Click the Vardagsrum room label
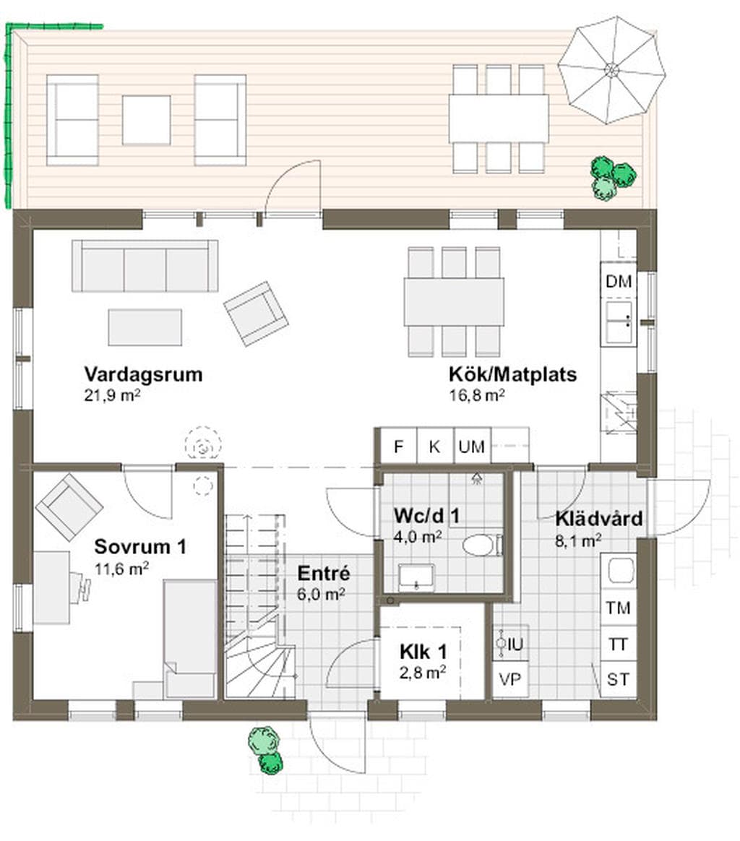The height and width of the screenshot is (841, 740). click(x=143, y=374)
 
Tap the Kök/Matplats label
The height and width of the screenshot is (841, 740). click(x=512, y=374)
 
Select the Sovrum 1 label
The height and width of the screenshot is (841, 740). click(x=140, y=546)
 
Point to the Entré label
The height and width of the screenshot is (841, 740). click(x=324, y=573)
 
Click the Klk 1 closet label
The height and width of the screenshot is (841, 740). click(x=423, y=652)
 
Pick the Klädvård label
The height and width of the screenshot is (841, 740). click(x=599, y=519)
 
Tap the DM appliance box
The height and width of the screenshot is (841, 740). click(x=618, y=280)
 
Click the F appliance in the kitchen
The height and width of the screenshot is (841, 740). click(x=398, y=446)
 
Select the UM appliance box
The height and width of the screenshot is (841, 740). click(x=472, y=446)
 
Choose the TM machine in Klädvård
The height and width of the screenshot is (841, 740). click(x=618, y=607)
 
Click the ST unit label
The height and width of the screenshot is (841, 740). click(x=618, y=680)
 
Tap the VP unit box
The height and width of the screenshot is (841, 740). click(x=509, y=680)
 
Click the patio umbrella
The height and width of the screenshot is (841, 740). click(x=611, y=70)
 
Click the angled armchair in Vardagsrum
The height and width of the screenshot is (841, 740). click(x=255, y=314)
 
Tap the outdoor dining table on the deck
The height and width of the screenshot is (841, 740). click(x=499, y=118)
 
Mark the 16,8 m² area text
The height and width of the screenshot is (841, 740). click(x=476, y=395)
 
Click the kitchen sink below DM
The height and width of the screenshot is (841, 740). click(x=618, y=322)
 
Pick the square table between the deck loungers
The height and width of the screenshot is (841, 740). click(x=146, y=120)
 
